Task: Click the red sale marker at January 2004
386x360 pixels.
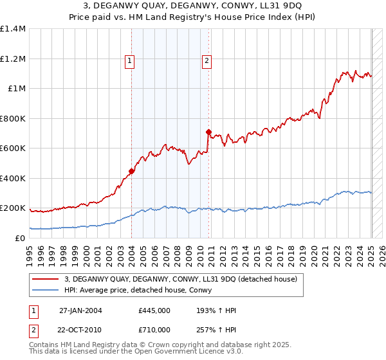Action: [131, 171]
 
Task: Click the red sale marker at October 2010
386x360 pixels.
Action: [208, 132]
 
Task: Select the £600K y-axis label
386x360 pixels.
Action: [13, 148]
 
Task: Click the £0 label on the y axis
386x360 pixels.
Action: [19, 238]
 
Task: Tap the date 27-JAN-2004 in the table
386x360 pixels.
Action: [80, 310]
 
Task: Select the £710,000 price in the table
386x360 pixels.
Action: [154, 330]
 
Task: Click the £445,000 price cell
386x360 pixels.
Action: [154, 310]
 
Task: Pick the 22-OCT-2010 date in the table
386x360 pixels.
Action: [80, 330]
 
